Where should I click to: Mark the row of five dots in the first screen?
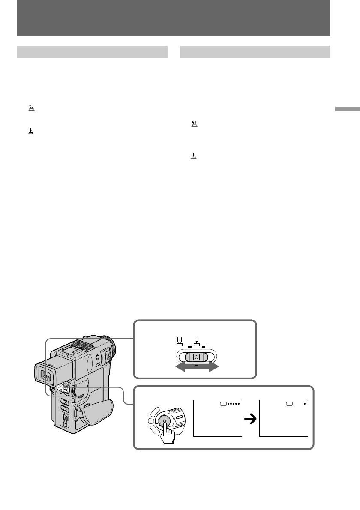(233, 404)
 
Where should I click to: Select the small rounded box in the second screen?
(290, 404)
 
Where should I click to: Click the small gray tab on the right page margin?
(347, 109)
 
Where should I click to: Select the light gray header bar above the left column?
(92, 52)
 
